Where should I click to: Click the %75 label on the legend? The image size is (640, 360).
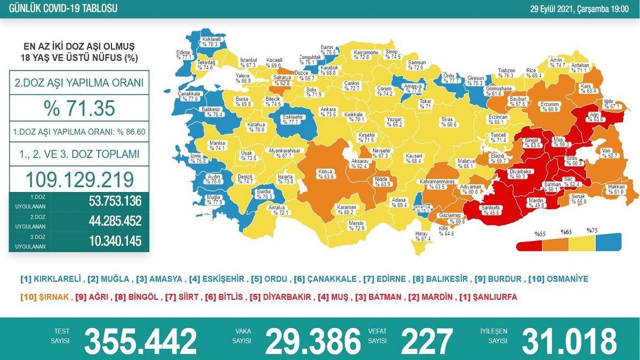(x=592, y=231)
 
